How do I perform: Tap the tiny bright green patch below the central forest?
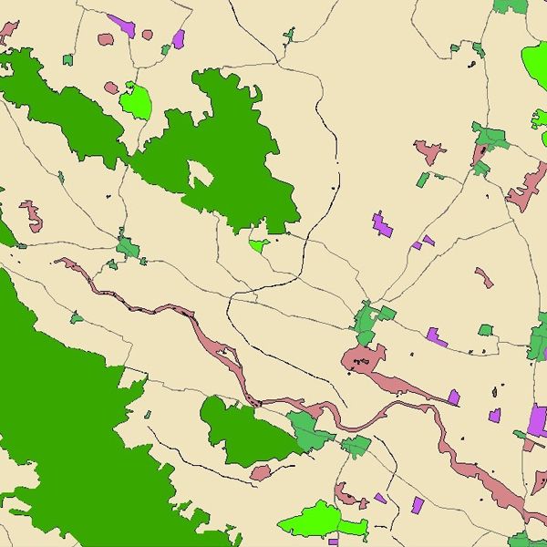point(258,244)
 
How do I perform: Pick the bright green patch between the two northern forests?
point(136,101)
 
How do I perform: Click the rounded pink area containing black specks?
point(361,360)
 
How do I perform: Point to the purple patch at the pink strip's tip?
point(453,397)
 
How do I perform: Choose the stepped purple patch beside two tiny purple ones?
point(382,224)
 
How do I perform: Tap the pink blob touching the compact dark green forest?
point(261,473)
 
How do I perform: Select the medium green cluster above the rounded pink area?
point(369,320)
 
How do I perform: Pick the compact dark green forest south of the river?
point(244,429)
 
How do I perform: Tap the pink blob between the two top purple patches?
point(147,35)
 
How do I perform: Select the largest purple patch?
point(538,419)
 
